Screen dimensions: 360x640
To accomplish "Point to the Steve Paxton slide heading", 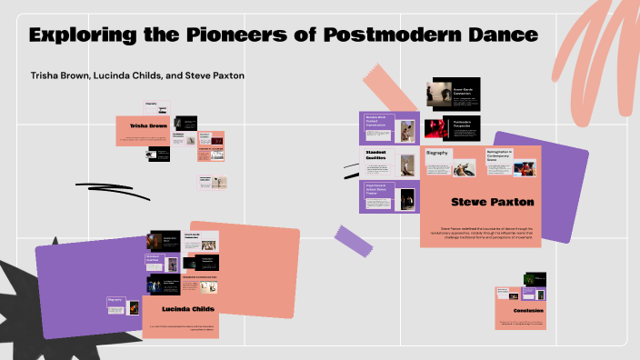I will coord(492,202).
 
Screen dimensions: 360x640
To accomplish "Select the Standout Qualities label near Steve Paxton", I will coord(375,157).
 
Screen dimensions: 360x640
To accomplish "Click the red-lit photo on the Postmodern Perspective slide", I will coord(439,126).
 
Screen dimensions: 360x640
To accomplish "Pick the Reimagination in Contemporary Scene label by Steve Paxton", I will coord(499,155).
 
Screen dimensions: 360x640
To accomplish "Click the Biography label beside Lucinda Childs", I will coord(115,299).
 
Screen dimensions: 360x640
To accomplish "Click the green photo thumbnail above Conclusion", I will coord(540,279).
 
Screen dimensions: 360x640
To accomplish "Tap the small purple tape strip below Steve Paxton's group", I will coord(354,239).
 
